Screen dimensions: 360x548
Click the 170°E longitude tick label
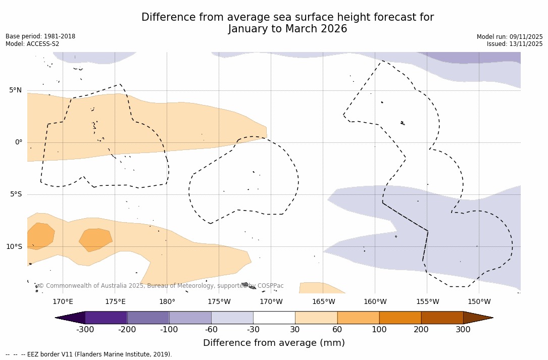click(x=63, y=302)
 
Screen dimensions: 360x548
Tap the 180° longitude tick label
click(x=167, y=302)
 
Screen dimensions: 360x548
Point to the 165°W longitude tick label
click(x=323, y=302)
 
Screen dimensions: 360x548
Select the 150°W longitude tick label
click(x=479, y=302)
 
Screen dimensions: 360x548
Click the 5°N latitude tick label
click(x=15, y=90)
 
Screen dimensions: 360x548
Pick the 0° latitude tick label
click(x=19, y=142)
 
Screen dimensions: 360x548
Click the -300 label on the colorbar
click(x=85, y=330)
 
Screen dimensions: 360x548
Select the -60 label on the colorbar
click(x=211, y=330)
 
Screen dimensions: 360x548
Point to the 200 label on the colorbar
click(x=421, y=330)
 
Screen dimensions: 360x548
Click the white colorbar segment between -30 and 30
click(x=274, y=318)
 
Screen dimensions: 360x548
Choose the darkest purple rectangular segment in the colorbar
click(x=106, y=318)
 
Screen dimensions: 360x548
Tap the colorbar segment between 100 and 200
click(x=400, y=318)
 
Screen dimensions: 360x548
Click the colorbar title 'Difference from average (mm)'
click(x=274, y=343)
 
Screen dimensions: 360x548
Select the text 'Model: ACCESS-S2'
click(x=32, y=44)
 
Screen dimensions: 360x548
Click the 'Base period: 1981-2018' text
click(x=40, y=36)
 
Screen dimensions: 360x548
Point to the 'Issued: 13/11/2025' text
click(x=515, y=44)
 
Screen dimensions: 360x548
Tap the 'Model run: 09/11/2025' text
click(x=510, y=37)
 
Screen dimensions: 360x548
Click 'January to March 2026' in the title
click(x=287, y=29)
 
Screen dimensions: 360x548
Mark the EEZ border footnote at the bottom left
click(x=89, y=354)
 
